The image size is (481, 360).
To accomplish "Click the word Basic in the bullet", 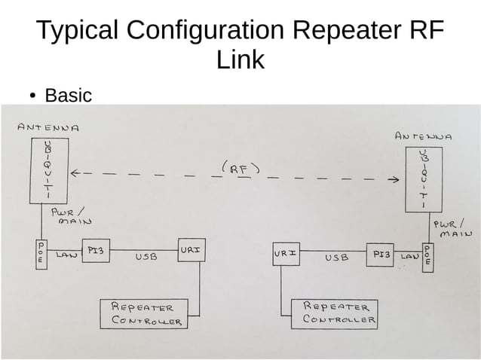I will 68,96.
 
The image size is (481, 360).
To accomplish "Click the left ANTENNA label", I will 48,127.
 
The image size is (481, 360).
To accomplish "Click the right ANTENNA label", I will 423,137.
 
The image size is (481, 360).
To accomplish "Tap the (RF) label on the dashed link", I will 240,169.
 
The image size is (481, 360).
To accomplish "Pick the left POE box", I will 41,252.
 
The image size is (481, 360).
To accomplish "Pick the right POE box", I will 427,257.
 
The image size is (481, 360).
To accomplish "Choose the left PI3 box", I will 96,252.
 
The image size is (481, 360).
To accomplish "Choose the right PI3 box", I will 381,255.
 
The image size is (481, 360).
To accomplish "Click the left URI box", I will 190,249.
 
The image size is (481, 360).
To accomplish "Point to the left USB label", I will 146,258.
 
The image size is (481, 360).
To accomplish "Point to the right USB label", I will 336,258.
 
